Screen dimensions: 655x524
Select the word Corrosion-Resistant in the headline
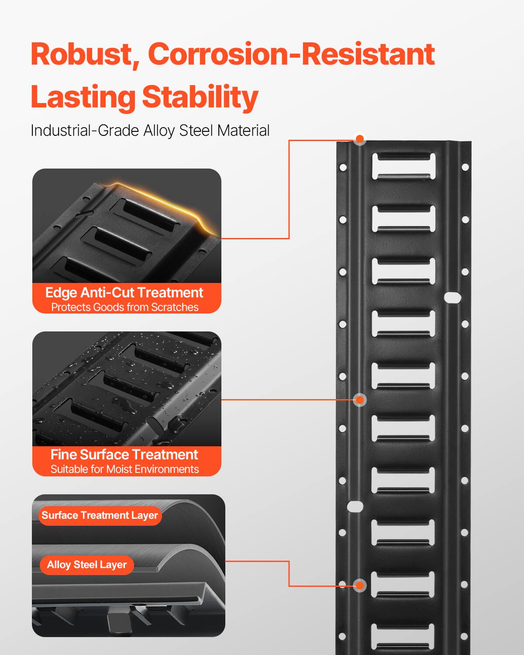tap(291, 55)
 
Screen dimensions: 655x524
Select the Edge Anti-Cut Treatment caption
tap(124, 293)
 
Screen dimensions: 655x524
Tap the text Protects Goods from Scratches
tap(124, 307)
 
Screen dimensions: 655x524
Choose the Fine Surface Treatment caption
tap(124, 455)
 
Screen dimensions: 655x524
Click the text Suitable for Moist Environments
tap(124, 469)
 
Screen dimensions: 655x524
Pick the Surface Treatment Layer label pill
tap(100, 515)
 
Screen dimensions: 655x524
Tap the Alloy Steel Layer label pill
tap(86, 565)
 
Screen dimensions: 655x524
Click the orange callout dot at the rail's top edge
tap(359, 139)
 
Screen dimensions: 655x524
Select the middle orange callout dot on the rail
tap(359, 400)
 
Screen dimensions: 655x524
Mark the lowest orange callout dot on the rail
tap(359, 585)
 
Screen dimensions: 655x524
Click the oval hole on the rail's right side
tap(452, 298)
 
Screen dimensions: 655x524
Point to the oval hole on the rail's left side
tap(355, 507)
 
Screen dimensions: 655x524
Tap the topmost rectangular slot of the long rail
tap(403, 166)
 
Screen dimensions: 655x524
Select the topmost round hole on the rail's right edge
tap(465, 167)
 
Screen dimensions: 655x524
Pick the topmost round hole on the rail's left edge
tap(343, 167)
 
